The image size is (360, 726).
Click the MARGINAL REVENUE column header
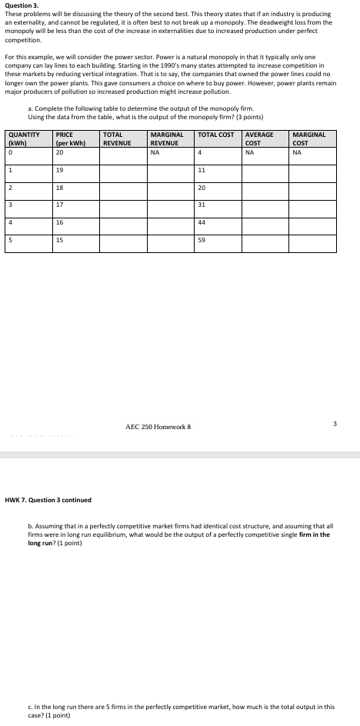point(165,138)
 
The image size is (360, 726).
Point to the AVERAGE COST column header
point(258,138)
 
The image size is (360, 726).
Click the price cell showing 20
point(60,152)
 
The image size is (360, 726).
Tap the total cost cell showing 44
point(202,222)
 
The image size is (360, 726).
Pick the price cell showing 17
point(60,204)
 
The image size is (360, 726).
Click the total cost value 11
point(202,170)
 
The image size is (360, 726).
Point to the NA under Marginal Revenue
point(155,152)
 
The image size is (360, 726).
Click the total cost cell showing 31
point(202,204)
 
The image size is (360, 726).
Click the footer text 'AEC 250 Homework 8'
point(157,427)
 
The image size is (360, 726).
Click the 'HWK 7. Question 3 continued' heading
point(48,500)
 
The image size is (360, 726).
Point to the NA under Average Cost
point(249,152)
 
